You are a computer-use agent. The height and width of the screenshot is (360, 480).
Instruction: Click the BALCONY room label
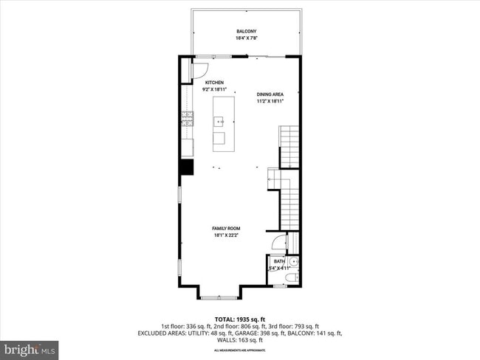tap(246, 31)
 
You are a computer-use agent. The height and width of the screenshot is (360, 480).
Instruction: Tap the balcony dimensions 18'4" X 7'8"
tap(246, 38)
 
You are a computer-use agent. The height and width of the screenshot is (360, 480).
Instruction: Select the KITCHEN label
tap(215, 83)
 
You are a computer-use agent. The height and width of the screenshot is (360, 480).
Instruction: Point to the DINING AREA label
tap(270, 94)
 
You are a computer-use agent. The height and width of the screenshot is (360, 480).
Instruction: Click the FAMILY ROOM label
tap(227, 229)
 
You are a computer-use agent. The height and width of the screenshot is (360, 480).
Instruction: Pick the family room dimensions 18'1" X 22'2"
tap(227, 236)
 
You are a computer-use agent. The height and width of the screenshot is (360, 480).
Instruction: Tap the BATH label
tap(278, 261)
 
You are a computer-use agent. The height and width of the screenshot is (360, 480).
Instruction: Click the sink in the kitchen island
tap(219, 121)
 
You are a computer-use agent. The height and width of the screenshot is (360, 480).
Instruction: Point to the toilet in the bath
tap(290, 277)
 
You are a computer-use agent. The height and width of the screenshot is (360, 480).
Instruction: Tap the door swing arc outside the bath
tap(277, 241)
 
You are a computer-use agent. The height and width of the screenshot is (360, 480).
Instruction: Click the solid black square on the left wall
tap(187, 167)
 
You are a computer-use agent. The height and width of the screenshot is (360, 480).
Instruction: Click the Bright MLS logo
tap(30, 347)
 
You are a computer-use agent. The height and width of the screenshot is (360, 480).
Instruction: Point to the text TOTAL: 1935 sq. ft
tap(240, 319)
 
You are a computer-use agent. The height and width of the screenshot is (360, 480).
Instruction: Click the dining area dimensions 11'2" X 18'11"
tap(270, 101)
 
